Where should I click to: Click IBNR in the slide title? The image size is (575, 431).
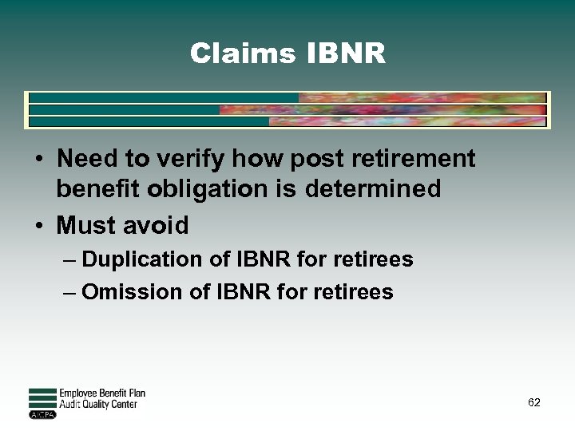point(346,54)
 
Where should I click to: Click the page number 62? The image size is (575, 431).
point(534,402)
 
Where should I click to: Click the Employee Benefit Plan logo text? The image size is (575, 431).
point(102,393)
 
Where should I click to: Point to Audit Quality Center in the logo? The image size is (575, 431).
point(98,404)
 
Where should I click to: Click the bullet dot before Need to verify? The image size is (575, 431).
point(38,160)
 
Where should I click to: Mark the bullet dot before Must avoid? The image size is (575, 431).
point(38,227)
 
